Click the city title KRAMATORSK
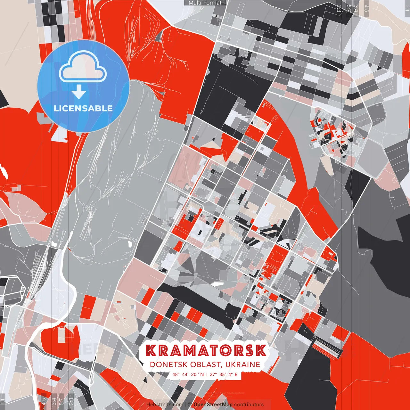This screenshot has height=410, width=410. [x=206, y=350]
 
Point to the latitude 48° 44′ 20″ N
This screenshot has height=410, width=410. [x=188, y=374]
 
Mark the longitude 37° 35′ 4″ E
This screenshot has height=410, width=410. [x=223, y=374]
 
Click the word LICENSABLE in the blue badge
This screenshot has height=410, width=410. [x=83, y=108]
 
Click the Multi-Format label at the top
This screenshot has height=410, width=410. [x=205, y=3]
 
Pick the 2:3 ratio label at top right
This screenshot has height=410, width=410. [x=339, y=8]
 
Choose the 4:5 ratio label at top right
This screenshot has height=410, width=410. [x=366, y=8]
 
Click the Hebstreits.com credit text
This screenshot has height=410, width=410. [x=165, y=405]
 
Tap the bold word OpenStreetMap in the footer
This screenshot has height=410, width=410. [x=213, y=405]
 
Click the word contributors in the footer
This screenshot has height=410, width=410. [x=249, y=405]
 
